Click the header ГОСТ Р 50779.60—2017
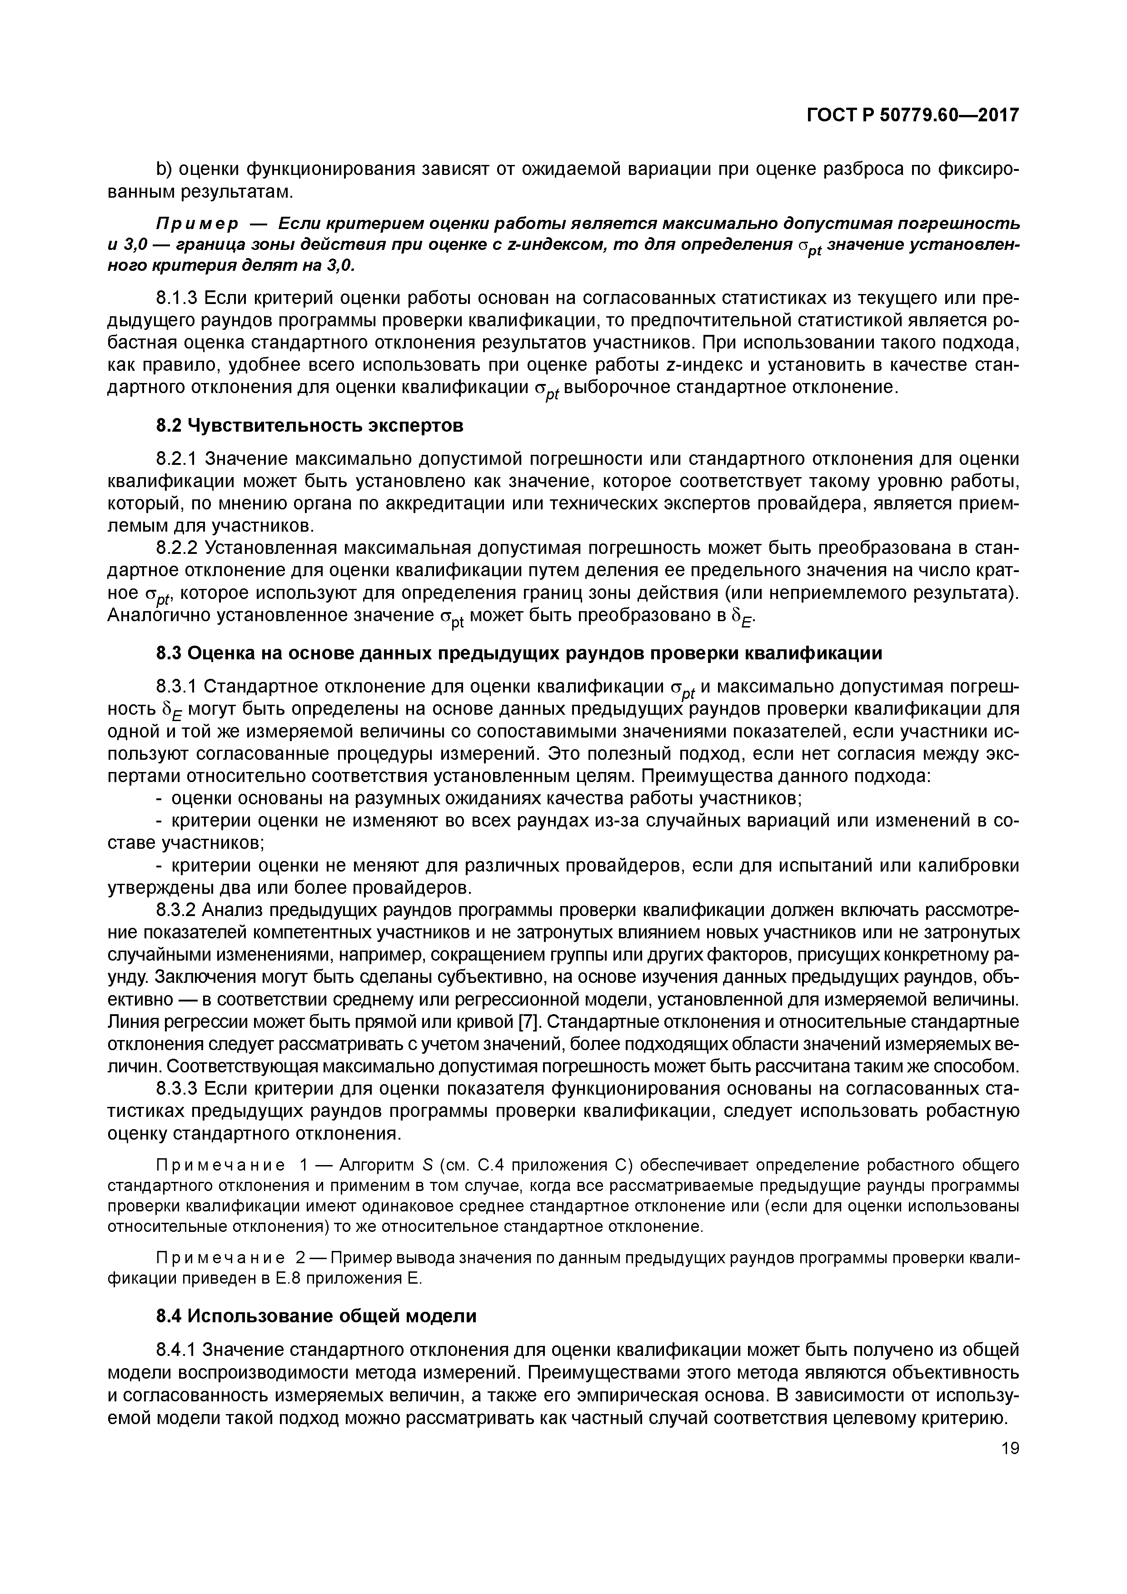(912, 115)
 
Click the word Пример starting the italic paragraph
(196, 224)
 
